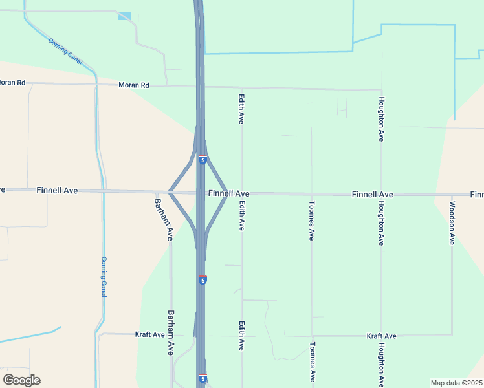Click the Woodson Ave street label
coord(452,223)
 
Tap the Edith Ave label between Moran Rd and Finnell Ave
coord(241,107)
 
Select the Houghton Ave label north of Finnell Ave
coord(382,120)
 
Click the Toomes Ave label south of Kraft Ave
coord(312,361)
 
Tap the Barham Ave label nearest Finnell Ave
coord(163,219)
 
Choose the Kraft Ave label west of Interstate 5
coord(150,334)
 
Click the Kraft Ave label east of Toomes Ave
coord(381,336)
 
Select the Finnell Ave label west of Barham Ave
coord(57,190)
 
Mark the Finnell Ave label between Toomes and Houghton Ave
coord(372,194)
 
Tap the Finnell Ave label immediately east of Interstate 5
coord(229,193)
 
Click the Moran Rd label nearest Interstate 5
coord(134,85)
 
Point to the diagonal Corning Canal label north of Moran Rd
coord(66,50)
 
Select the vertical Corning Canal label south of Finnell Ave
coord(103,277)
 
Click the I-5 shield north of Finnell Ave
coord(203,160)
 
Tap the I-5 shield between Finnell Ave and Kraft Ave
coord(203,280)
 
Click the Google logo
coord(21,380)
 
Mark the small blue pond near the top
coord(124,16)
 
